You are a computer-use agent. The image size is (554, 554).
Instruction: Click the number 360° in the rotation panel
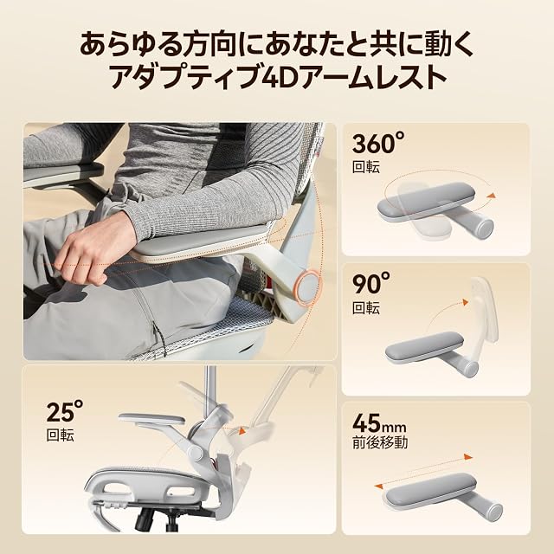[x=378, y=142]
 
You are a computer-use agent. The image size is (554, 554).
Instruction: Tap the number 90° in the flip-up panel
[x=371, y=283]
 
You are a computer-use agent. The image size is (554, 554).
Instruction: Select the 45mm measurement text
[x=379, y=423]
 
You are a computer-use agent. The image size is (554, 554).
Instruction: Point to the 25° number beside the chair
[x=65, y=412]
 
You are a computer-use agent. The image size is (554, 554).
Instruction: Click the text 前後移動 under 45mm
[x=380, y=442]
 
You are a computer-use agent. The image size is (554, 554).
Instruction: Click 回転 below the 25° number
[x=60, y=435]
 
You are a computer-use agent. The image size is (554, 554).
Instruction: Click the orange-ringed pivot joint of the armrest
[x=306, y=286]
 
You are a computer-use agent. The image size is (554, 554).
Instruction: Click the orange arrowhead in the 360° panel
[x=491, y=196]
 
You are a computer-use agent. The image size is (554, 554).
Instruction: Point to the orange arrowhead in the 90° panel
[x=464, y=303]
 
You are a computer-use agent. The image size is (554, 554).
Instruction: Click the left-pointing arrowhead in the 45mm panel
[x=378, y=486]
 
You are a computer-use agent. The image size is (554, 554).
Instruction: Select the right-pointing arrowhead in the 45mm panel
[x=468, y=457]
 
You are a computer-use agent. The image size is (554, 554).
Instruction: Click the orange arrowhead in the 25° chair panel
[x=242, y=431]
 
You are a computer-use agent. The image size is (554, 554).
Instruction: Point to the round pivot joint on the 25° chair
[x=194, y=451]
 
